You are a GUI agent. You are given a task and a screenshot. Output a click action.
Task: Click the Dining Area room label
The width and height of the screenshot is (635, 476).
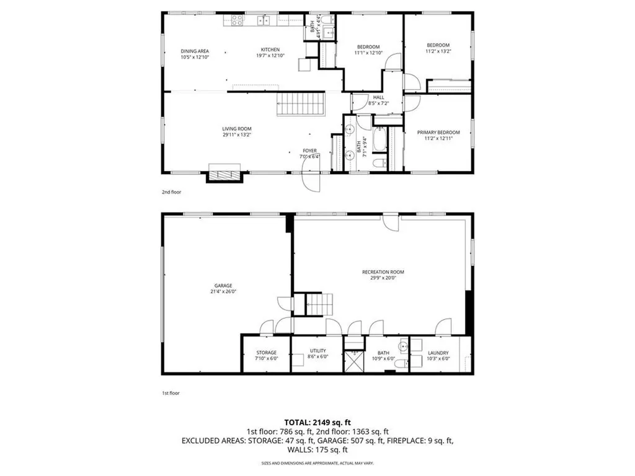coord(195,51)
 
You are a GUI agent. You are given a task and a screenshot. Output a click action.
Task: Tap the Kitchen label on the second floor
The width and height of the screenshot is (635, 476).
coord(270,50)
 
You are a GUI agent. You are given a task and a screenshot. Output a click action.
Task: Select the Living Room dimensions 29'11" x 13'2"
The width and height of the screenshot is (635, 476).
coord(237,134)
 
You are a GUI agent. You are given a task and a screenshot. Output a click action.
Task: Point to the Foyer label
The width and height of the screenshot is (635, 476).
coord(309,151)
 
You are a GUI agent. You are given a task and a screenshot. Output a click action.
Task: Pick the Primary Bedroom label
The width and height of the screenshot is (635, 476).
coord(438,132)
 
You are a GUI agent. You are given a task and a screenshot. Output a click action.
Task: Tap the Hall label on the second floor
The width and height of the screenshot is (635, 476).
coord(378,97)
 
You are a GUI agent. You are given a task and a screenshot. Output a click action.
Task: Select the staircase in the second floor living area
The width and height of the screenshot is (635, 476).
coord(300,104)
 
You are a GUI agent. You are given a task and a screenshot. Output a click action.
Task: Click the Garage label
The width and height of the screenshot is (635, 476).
coord(223,286)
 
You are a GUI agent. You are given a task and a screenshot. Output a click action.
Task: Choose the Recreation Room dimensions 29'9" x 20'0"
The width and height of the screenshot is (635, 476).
coord(379,278)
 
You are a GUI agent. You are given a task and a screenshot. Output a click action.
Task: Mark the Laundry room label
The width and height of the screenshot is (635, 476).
coord(438,353)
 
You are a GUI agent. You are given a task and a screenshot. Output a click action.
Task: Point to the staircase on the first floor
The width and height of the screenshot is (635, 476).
coord(321,304)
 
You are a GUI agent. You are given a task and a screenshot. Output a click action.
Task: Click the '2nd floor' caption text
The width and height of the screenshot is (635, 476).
coord(171,192)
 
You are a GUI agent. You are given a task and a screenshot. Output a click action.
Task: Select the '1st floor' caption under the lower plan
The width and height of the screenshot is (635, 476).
coord(171,393)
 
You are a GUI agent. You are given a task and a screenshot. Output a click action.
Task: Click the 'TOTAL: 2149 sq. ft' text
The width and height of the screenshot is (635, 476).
coord(317,421)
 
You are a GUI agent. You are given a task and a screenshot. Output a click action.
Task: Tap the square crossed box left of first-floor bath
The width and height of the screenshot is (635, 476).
coord(355,361)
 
